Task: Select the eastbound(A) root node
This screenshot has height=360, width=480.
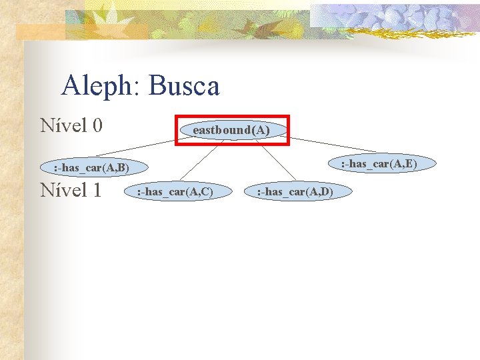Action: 231,130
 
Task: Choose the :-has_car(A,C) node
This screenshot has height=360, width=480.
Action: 174,192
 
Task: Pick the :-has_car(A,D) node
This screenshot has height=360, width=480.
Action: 295,192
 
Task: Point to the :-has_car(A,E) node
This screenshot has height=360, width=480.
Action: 379,163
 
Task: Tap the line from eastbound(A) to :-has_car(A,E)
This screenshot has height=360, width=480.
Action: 333,145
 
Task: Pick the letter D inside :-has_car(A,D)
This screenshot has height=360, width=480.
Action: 325,192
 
